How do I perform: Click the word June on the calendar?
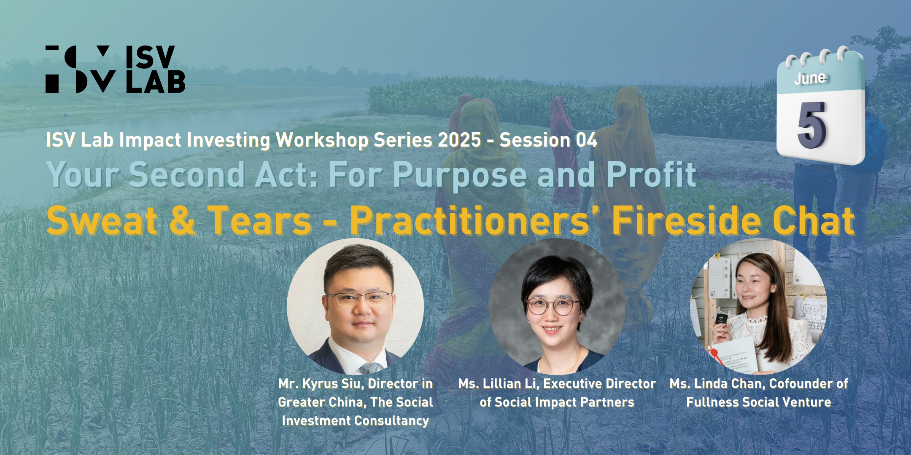[x=811, y=78]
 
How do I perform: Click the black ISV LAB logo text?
[x=155, y=69]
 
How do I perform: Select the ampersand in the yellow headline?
[x=183, y=220]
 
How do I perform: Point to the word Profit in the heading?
[x=651, y=174]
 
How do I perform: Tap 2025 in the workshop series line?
[x=459, y=140]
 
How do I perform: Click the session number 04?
[x=587, y=140]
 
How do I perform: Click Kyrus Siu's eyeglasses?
[x=358, y=299]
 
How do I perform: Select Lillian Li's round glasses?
[x=553, y=306]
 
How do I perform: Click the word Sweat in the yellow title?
[x=102, y=220]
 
